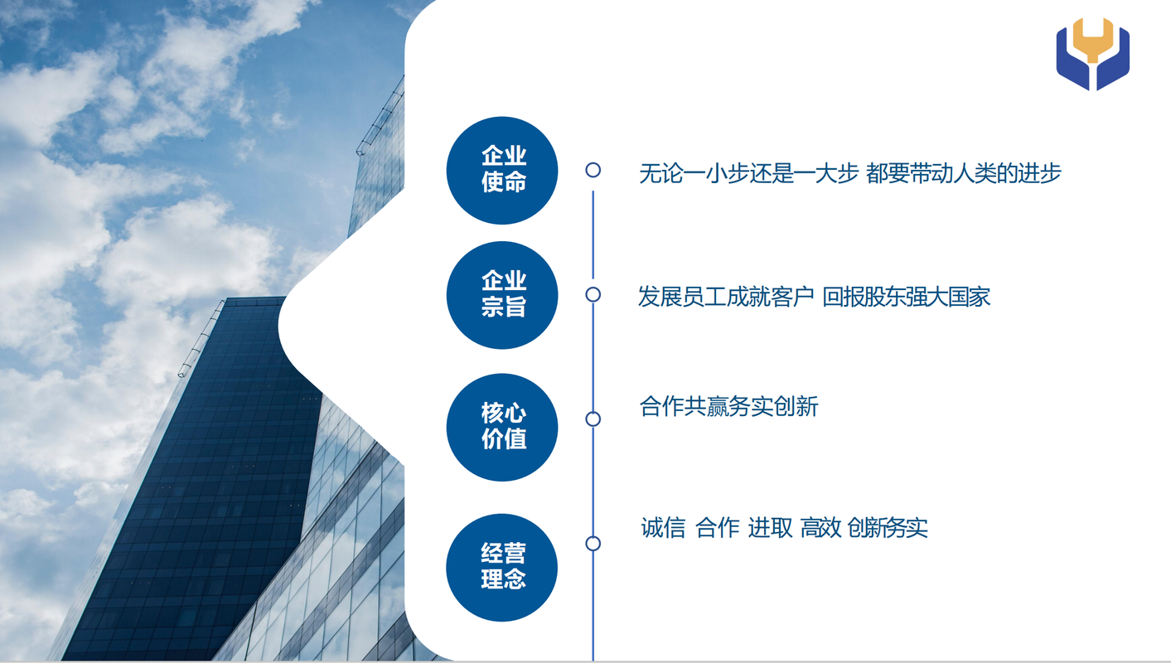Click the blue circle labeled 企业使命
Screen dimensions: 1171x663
pos(502,171)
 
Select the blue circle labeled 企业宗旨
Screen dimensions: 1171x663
pos(502,295)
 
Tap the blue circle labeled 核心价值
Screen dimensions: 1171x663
pos(502,427)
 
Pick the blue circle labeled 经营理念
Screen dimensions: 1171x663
pos(502,568)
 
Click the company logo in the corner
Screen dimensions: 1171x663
pos(1092,54)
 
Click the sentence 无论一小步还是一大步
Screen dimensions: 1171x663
pos(748,173)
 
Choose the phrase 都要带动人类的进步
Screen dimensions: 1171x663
pos(964,173)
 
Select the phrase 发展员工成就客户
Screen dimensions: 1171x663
pos(726,297)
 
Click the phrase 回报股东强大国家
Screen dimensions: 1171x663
pos(907,297)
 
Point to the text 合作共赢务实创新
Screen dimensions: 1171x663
pos(728,406)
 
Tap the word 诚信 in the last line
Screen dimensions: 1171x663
pos(663,528)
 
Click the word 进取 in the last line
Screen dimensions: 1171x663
pos(770,528)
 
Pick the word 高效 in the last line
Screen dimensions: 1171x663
pos(820,528)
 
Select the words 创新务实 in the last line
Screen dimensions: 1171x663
pos(887,528)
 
